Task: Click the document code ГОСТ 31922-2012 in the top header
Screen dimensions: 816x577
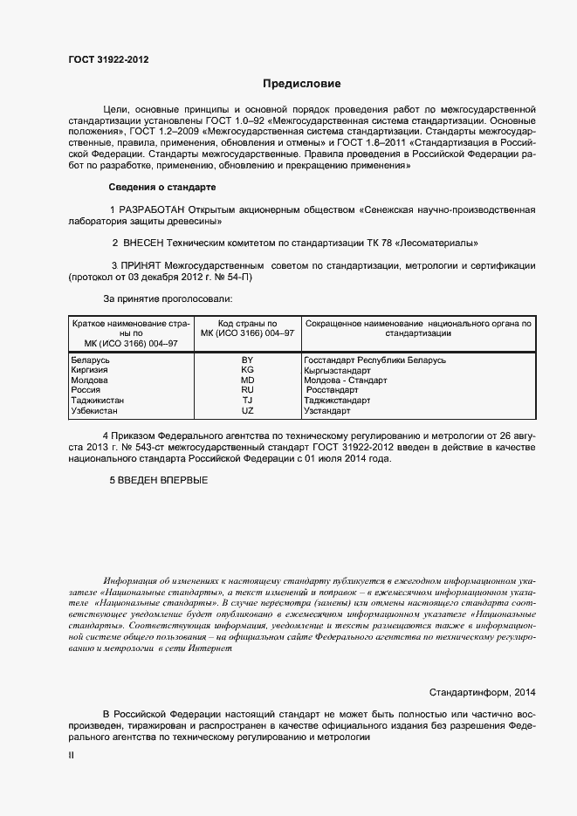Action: [108, 59]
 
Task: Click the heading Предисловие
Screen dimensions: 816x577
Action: [301, 84]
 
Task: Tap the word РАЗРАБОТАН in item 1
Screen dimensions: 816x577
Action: [149, 211]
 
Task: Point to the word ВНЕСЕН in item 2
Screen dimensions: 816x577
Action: [149, 243]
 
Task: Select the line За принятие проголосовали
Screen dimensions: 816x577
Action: [162, 298]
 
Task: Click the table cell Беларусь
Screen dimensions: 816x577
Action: [90, 360]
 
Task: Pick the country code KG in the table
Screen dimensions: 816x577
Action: [247, 370]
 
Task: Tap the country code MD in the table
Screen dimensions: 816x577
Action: [247, 381]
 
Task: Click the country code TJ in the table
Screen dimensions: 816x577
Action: [247, 401]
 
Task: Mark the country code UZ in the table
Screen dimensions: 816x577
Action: [247, 411]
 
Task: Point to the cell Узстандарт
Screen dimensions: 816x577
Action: [327, 411]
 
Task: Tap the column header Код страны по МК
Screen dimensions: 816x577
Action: [247, 328]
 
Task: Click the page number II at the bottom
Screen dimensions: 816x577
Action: [71, 756]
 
